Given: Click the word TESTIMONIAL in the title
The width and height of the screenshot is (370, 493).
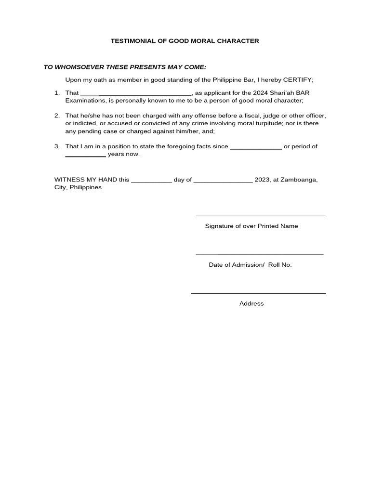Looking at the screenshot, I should point(132,41).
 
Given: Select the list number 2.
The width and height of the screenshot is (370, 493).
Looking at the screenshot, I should point(57,116).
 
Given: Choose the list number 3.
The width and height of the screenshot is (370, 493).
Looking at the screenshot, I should point(57,146).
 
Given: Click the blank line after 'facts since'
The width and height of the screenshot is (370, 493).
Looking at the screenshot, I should point(256,148).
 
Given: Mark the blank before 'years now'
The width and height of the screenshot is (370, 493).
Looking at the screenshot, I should point(85,156).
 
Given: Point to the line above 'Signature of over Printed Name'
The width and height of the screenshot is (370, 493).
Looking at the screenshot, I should point(260,216).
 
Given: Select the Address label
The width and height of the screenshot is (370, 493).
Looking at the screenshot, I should point(251,304).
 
